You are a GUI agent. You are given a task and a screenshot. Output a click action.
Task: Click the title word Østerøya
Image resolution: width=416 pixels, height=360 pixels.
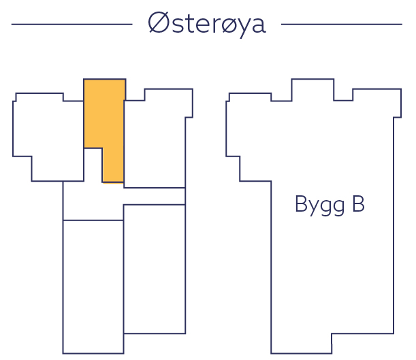click(206, 24)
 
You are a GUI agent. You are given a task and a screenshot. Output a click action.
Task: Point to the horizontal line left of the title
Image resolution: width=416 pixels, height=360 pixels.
click(71, 24)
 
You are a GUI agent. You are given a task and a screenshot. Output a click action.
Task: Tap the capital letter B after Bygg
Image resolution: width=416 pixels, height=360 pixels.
click(357, 204)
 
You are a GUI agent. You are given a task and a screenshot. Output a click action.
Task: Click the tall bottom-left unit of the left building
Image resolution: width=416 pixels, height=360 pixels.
click(93, 286)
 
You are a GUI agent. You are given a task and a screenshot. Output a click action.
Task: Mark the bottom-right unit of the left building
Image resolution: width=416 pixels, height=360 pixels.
click(155, 269)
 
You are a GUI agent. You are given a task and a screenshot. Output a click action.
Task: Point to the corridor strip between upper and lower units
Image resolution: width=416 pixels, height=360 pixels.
click(123, 196)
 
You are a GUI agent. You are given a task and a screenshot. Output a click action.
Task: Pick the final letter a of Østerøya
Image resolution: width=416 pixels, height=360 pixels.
click(257, 26)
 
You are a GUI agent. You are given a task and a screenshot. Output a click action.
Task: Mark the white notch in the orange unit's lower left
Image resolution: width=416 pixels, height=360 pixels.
click(93, 165)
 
